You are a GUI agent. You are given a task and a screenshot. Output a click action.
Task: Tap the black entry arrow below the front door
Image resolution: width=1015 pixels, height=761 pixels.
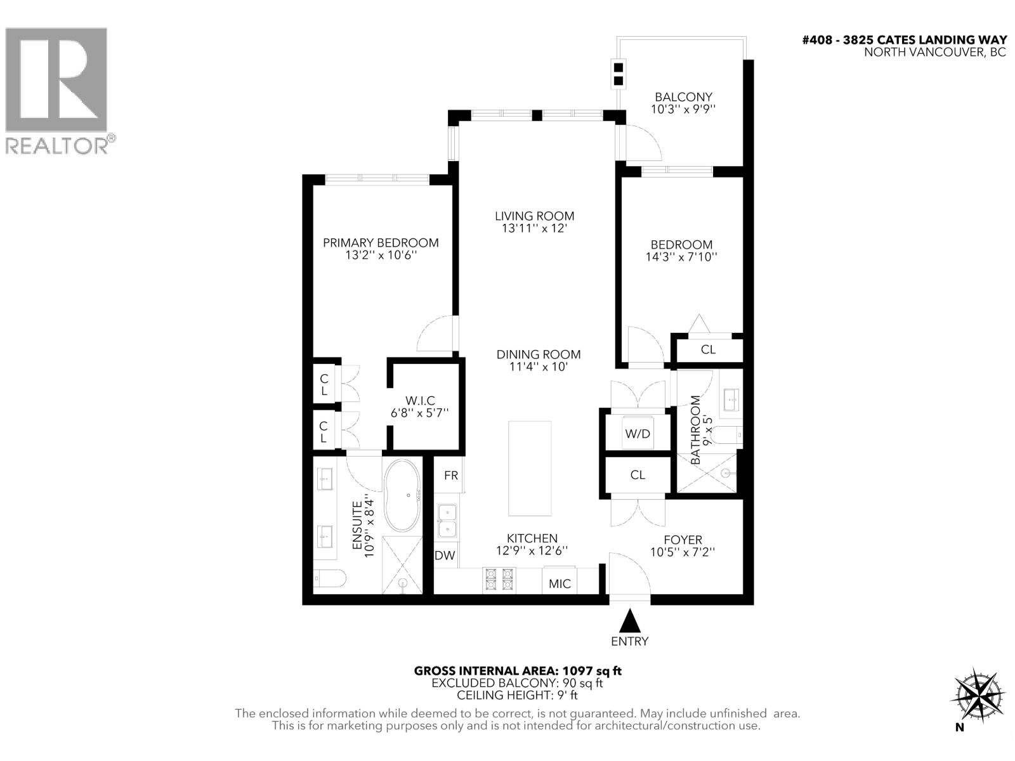(629, 620)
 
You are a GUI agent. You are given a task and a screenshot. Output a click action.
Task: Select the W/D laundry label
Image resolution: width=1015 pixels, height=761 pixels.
(638, 434)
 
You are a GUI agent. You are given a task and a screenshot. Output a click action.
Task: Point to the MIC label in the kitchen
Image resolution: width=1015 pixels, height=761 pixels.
(560, 583)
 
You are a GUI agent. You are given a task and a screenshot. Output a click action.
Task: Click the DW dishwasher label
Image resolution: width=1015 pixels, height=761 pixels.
(445, 556)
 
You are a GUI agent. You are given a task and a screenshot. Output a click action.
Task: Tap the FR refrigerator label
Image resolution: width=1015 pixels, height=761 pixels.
(451, 476)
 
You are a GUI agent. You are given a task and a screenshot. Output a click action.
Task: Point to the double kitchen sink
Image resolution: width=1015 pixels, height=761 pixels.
(447, 520)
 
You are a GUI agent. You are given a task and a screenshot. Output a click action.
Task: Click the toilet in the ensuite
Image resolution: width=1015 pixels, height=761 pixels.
(329, 579)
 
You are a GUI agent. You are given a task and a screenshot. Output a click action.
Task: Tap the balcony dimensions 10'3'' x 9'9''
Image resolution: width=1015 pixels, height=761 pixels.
(683, 109)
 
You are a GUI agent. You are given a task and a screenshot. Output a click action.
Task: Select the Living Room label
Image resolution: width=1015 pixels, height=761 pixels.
(534, 216)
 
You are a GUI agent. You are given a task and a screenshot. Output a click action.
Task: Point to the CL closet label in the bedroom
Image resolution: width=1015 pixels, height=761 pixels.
(708, 349)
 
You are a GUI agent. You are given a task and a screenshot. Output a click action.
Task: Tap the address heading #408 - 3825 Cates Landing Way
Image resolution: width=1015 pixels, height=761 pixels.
(904, 40)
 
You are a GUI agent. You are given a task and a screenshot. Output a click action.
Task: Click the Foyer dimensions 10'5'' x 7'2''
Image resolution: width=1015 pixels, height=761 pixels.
(683, 552)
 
